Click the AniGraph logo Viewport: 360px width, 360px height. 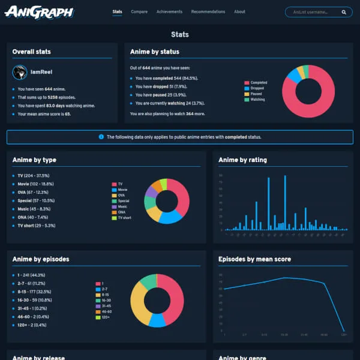pyautogui.click(x=38, y=11)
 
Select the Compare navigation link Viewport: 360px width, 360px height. pyautogui.click(x=139, y=12)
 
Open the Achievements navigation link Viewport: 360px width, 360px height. pyautogui.click(x=169, y=12)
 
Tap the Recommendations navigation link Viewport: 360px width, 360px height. pyautogui.click(x=208, y=12)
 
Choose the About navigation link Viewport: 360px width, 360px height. pyautogui.click(x=239, y=12)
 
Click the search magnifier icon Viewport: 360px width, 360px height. pyautogui.click(x=344, y=12)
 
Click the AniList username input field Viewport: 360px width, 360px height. pyautogui.click(x=312, y=12)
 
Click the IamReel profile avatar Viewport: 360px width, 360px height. pyautogui.click(x=19, y=73)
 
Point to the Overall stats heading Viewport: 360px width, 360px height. pyautogui.click(x=31, y=52)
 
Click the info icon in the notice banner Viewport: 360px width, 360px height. pyautogui.click(x=101, y=137)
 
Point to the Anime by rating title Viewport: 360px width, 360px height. pyautogui.click(x=242, y=160)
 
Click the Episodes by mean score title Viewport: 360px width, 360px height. pyautogui.click(x=254, y=259)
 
